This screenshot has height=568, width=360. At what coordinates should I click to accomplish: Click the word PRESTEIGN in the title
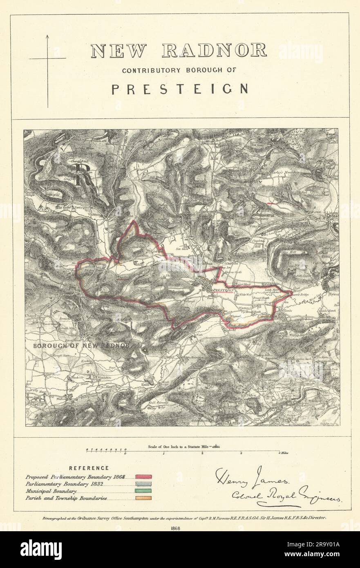[180, 89]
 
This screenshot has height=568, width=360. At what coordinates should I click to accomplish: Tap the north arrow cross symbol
[47, 59]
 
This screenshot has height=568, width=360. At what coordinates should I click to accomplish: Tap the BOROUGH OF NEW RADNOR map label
[81, 346]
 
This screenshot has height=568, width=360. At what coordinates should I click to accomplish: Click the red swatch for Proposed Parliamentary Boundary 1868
[143, 476]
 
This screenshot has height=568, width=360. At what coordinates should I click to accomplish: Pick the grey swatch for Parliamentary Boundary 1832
[143, 483]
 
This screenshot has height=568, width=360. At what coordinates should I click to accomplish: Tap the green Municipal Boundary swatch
[143, 491]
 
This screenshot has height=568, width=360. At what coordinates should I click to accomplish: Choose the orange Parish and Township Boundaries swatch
[143, 498]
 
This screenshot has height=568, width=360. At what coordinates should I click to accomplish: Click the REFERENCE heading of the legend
[89, 468]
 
